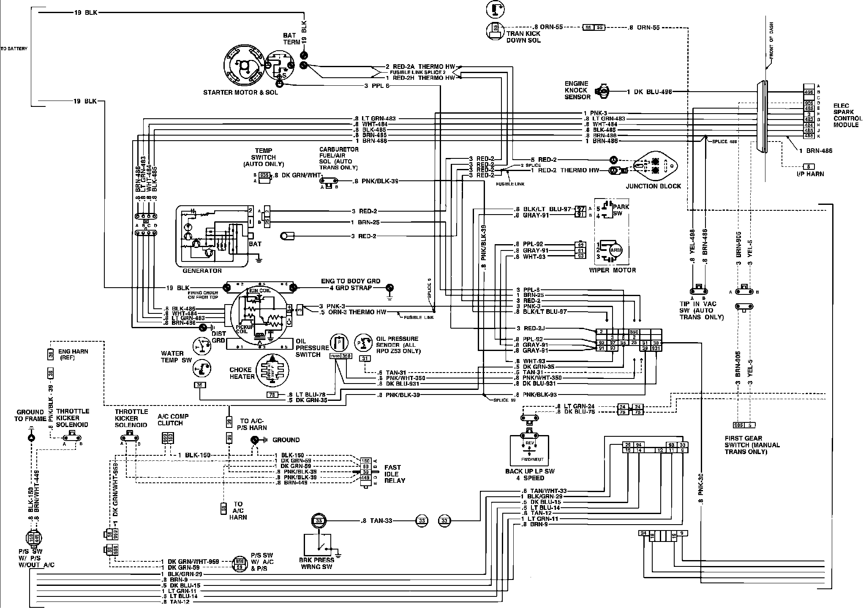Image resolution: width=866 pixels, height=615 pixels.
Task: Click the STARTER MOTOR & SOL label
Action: [x=240, y=92]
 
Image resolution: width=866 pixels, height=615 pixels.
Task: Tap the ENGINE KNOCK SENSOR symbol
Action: [x=602, y=91]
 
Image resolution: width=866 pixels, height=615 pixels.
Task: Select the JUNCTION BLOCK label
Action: [x=653, y=186]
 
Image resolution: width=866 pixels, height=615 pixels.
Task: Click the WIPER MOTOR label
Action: [x=613, y=270]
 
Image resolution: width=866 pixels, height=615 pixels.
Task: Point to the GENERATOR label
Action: [x=202, y=271]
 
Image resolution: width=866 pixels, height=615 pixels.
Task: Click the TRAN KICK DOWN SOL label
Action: [x=523, y=37]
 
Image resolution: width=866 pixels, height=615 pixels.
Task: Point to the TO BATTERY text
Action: [x=14, y=49]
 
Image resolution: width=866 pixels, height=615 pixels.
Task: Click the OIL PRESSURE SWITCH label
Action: [x=312, y=348]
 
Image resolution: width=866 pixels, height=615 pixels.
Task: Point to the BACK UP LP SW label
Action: [x=530, y=474]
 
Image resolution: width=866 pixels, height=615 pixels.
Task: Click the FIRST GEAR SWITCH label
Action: [x=752, y=445]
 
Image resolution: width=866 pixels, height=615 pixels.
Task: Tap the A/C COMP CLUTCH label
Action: [x=173, y=419]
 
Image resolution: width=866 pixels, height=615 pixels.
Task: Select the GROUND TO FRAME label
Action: [x=30, y=415]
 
